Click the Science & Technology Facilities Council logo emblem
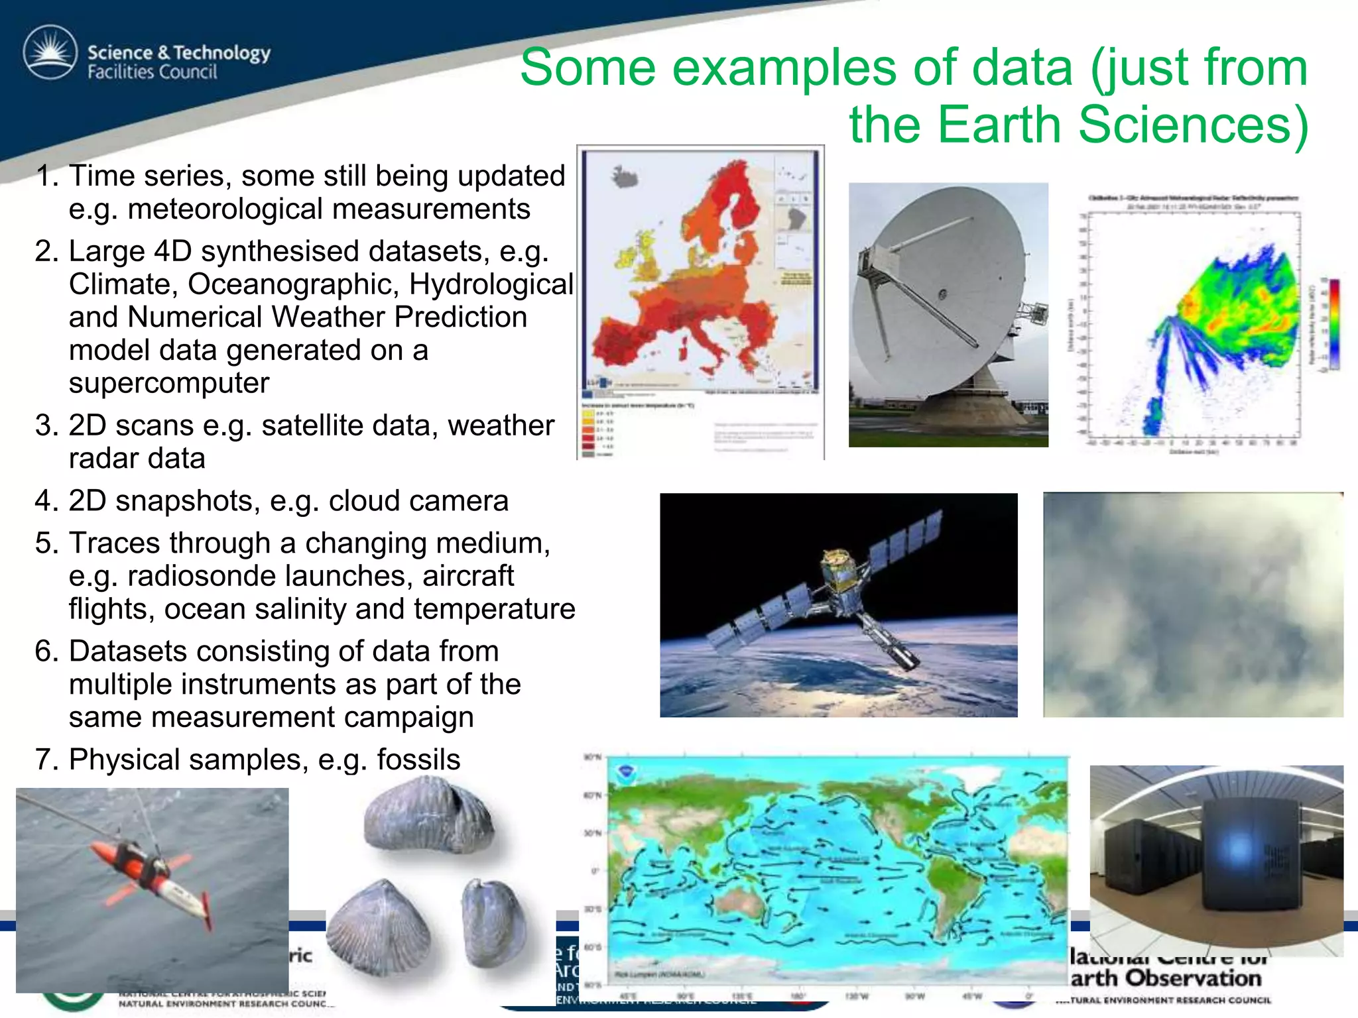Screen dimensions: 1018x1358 coord(50,52)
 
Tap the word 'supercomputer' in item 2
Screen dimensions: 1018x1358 coord(169,383)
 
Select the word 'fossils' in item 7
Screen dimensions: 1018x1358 coord(418,760)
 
